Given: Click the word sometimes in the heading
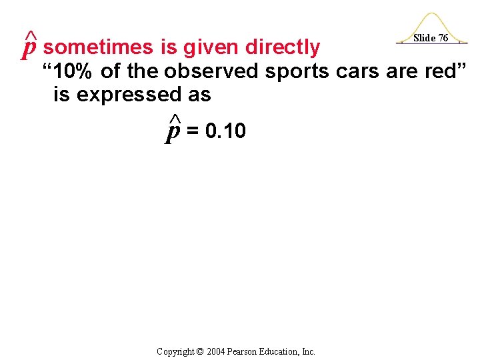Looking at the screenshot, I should (x=99, y=47).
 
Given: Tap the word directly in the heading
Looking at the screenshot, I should (x=283, y=47).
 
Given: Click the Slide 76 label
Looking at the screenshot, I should (x=430, y=38).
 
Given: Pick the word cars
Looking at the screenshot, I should (x=359, y=71).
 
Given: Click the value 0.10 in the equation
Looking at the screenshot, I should (x=226, y=131).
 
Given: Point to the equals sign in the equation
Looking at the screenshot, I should (x=192, y=131).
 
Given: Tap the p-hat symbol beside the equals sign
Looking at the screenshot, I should (x=173, y=130).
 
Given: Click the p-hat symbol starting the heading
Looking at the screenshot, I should (x=29, y=45).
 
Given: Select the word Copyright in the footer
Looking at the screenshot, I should (x=175, y=351).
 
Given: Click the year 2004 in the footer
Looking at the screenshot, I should (x=217, y=351).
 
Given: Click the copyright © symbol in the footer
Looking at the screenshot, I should (x=200, y=351).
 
